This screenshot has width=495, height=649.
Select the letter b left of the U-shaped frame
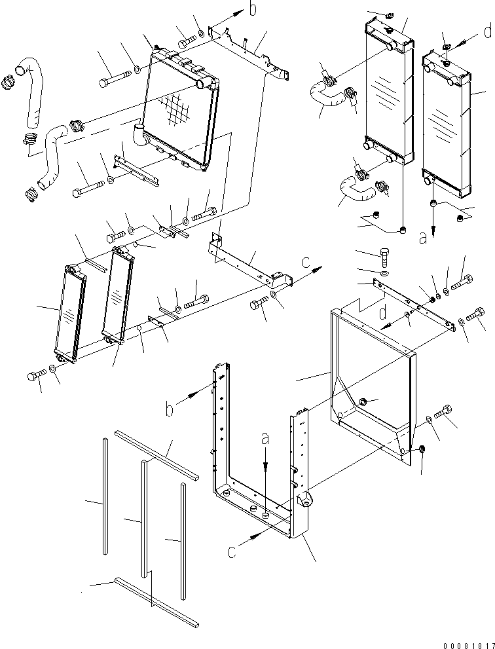pos(170,410)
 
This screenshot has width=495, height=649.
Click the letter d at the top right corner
pos(486,31)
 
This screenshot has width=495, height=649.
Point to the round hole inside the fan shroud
pos(364,401)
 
